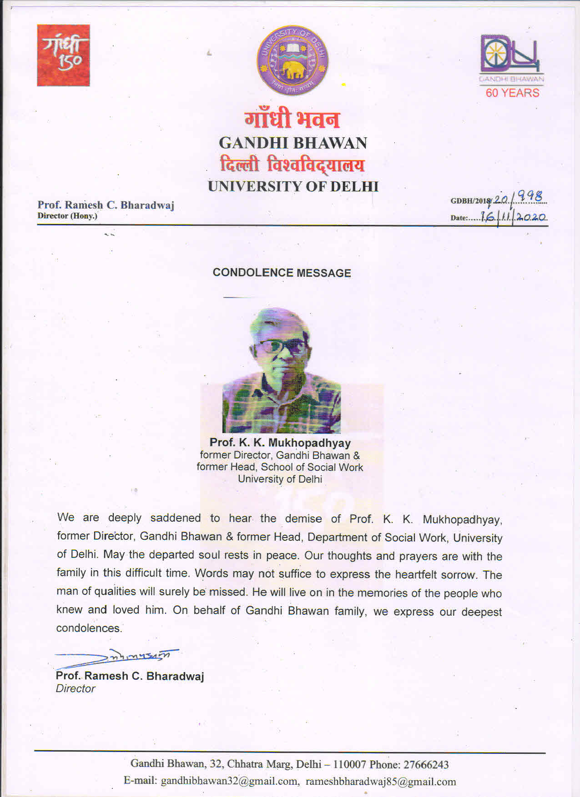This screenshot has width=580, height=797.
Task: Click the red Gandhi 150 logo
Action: click(x=63, y=55)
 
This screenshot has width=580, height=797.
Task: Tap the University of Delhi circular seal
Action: click(x=293, y=60)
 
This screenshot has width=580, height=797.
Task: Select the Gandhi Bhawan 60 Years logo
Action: click(x=512, y=66)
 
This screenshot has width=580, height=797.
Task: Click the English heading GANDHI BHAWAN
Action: click(x=293, y=143)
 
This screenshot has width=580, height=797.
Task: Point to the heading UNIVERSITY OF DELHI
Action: click(x=293, y=186)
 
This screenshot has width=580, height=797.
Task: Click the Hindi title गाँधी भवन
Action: click(x=292, y=119)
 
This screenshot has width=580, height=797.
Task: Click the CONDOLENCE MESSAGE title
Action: click(x=282, y=273)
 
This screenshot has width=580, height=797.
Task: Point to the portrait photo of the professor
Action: click(x=282, y=370)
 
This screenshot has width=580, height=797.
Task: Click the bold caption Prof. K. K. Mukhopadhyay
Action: click(x=280, y=443)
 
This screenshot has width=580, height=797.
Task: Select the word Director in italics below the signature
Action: click(x=76, y=688)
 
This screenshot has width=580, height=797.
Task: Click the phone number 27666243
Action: click(x=426, y=765)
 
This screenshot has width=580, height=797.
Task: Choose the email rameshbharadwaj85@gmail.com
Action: click(x=380, y=782)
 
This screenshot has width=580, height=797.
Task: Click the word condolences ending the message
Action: click(x=89, y=628)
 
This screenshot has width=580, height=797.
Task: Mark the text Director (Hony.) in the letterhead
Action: click(x=67, y=216)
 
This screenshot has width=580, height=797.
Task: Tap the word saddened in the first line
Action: click(x=175, y=518)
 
